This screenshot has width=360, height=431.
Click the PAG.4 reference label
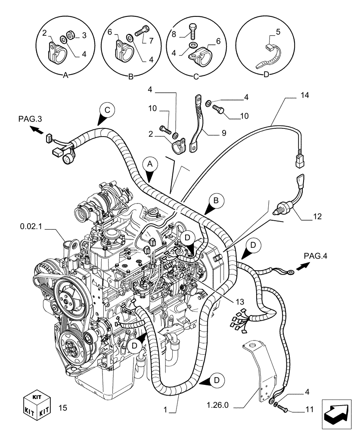316,256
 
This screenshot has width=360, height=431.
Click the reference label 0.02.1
31,225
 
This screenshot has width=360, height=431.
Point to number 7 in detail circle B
152,41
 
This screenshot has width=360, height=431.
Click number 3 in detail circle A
84,35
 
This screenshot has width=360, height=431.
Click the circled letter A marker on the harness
149,164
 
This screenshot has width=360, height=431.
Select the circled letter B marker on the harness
217,200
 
